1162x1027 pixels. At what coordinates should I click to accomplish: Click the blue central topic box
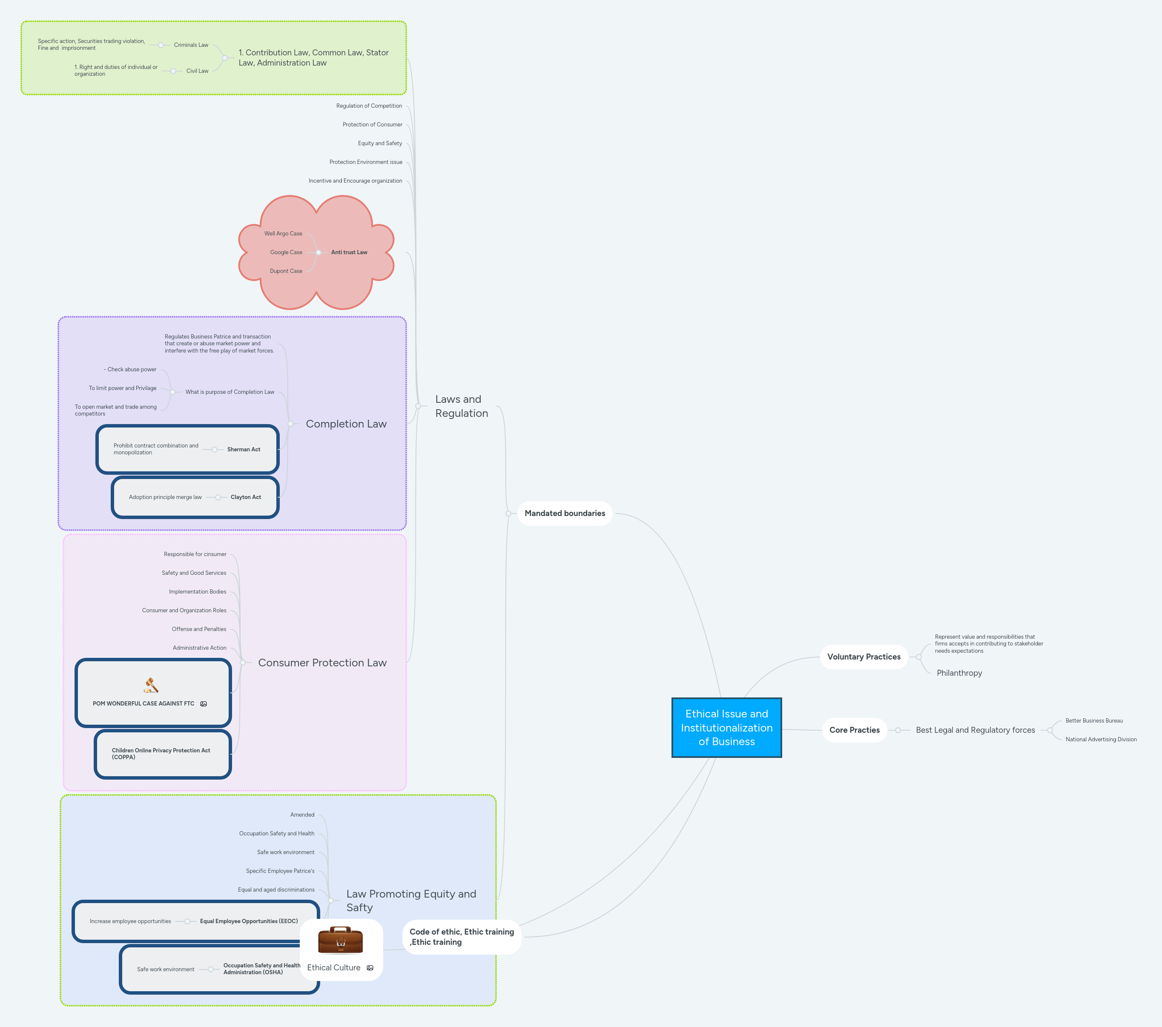[x=726, y=728]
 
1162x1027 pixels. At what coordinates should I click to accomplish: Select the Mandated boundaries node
[x=565, y=513]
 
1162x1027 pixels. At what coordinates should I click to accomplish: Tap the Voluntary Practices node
[x=863, y=657]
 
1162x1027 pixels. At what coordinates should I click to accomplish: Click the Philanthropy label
[x=959, y=673]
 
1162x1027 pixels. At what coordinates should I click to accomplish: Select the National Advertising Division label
[x=1101, y=740]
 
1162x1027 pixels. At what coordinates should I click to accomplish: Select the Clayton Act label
[x=246, y=497]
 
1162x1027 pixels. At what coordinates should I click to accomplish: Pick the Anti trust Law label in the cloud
[x=349, y=252]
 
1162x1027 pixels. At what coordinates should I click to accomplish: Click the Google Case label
[x=286, y=252]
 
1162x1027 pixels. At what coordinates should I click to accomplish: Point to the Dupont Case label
[x=286, y=271]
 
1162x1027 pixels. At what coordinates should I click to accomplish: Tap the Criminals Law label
[x=191, y=45]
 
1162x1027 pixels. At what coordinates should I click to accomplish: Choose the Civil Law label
[x=197, y=71]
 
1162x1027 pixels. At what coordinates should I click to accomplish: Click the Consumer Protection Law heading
[x=322, y=663]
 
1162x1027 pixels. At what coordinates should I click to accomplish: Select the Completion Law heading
[x=346, y=424]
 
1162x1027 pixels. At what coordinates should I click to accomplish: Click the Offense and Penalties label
[x=199, y=629]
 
